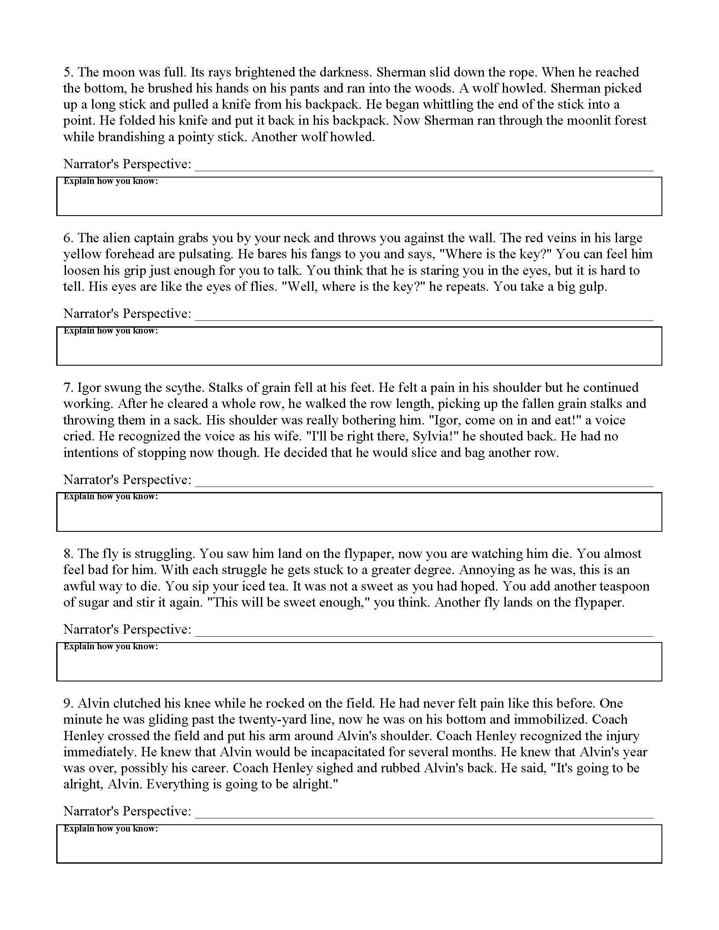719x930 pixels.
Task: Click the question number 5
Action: coord(68,72)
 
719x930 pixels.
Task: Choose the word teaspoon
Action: coord(624,586)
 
